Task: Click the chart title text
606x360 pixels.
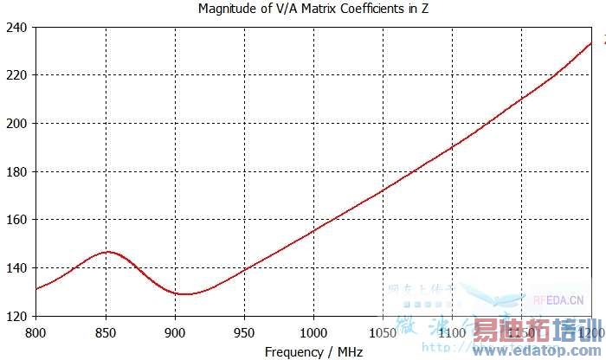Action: [x=313, y=10]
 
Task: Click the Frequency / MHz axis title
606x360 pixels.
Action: [x=313, y=352]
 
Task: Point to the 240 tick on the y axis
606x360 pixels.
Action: [x=16, y=28]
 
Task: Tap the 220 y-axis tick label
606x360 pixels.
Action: [x=16, y=75]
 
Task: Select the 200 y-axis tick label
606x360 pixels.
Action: [x=16, y=124]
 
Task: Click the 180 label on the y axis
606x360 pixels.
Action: [x=16, y=171]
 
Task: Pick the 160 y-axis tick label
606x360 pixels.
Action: [x=16, y=220]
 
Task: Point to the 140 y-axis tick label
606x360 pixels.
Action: [x=16, y=268]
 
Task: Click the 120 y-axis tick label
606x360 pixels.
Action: [x=16, y=316]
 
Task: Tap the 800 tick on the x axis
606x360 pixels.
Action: [x=35, y=332]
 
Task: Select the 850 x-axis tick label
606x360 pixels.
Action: [x=106, y=332]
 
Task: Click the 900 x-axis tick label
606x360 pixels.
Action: [x=175, y=332]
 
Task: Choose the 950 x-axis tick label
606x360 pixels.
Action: [x=244, y=332]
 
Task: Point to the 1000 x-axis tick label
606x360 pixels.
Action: [x=313, y=332]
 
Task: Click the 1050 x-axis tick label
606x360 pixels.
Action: [x=383, y=332]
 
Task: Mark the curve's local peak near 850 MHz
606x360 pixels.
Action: [x=106, y=252]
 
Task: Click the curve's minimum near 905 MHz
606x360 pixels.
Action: [x=184, y=294]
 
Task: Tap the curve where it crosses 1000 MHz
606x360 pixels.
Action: [x=313, y=229]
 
